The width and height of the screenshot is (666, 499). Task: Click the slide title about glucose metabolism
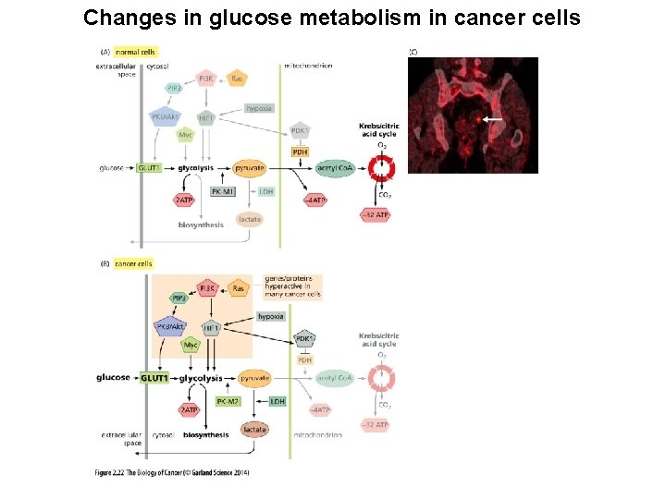click(332, 18)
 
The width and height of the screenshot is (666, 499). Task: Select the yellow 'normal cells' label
click(135, 53)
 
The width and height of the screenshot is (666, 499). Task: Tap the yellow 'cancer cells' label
click(134, 263)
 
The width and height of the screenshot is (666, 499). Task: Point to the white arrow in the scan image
click(493, 119)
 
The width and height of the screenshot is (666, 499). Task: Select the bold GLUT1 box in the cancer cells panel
click(154, 378)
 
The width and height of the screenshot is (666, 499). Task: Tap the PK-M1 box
click(222, 191)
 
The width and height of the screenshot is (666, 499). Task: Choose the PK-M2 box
click(228, 401)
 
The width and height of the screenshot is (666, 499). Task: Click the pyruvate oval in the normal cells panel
click(250, 168)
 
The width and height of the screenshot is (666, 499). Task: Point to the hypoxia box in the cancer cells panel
click(271, 317)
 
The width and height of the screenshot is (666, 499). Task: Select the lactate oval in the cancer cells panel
click(254, 429)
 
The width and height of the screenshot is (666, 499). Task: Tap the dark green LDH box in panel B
click(277, 401)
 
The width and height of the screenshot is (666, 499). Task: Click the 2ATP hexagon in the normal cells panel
click(185, 200)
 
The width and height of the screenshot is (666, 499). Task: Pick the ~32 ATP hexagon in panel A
click(376, 215)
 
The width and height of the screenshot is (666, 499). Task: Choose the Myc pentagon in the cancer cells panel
click(191, 345)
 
